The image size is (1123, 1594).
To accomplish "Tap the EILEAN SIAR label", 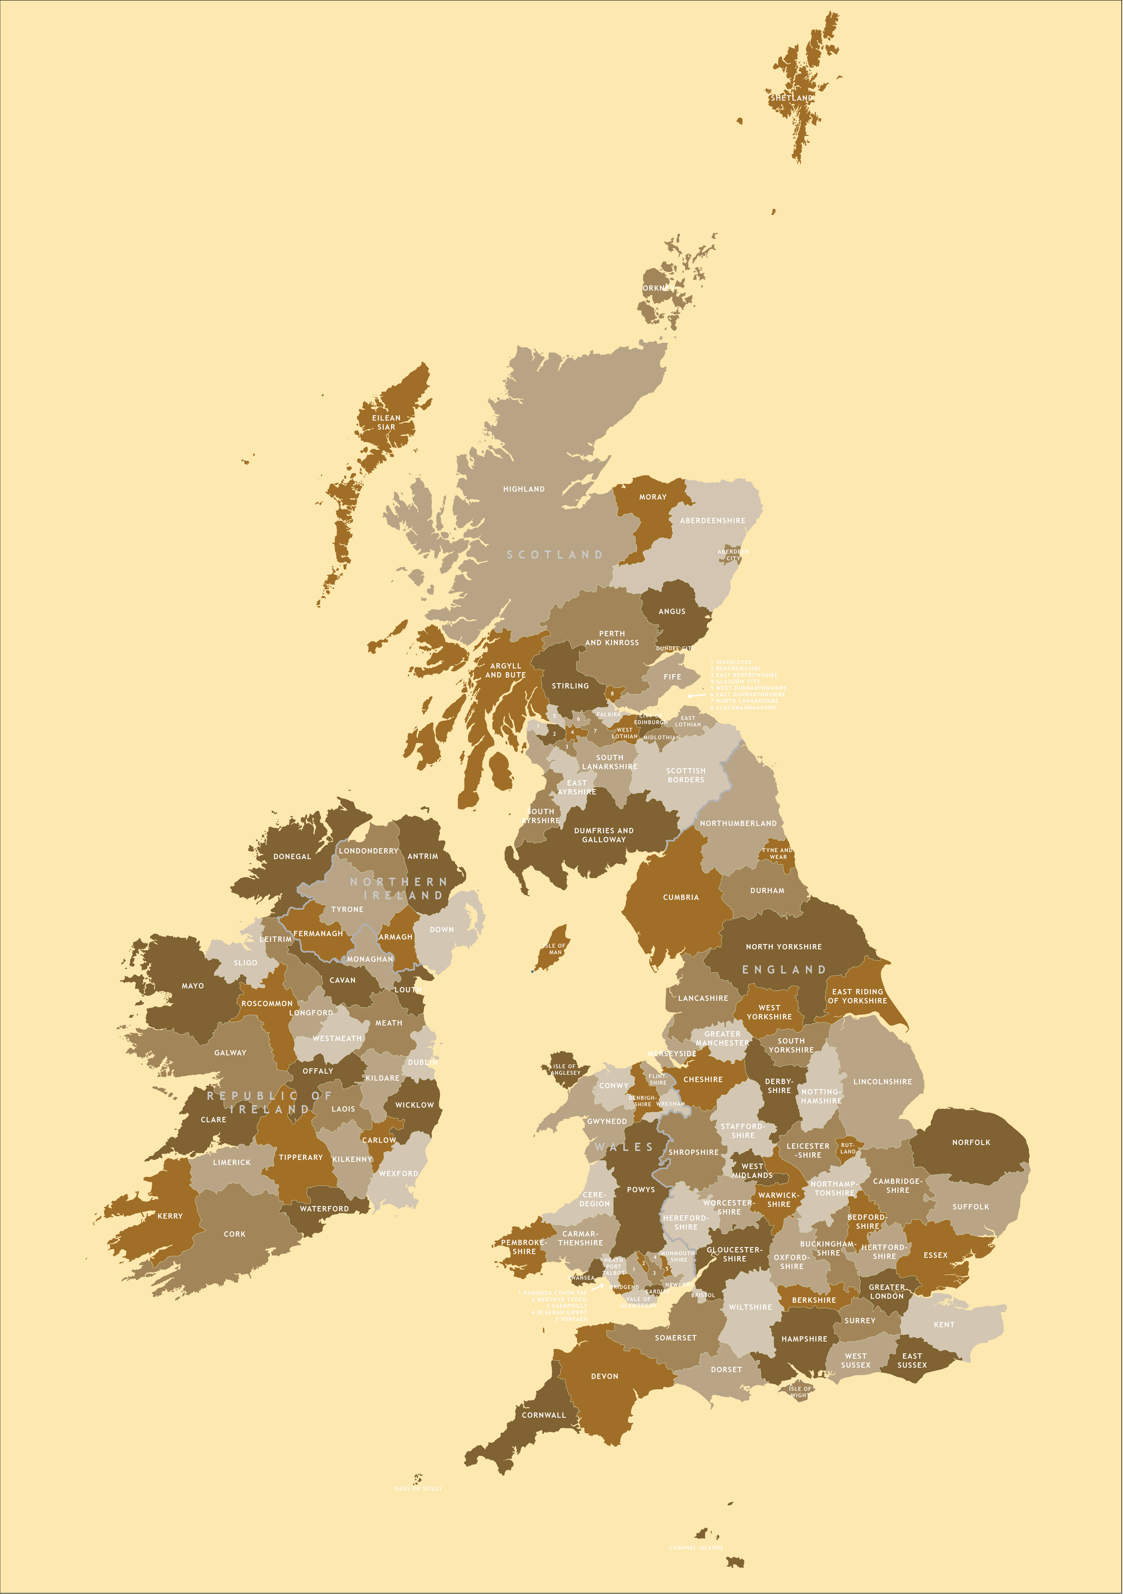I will pos(386,422).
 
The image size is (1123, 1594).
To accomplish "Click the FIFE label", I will pos(672,677).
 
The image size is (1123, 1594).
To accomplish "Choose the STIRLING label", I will pos(570,686).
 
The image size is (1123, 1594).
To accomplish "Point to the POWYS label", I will pos(640,1189).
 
